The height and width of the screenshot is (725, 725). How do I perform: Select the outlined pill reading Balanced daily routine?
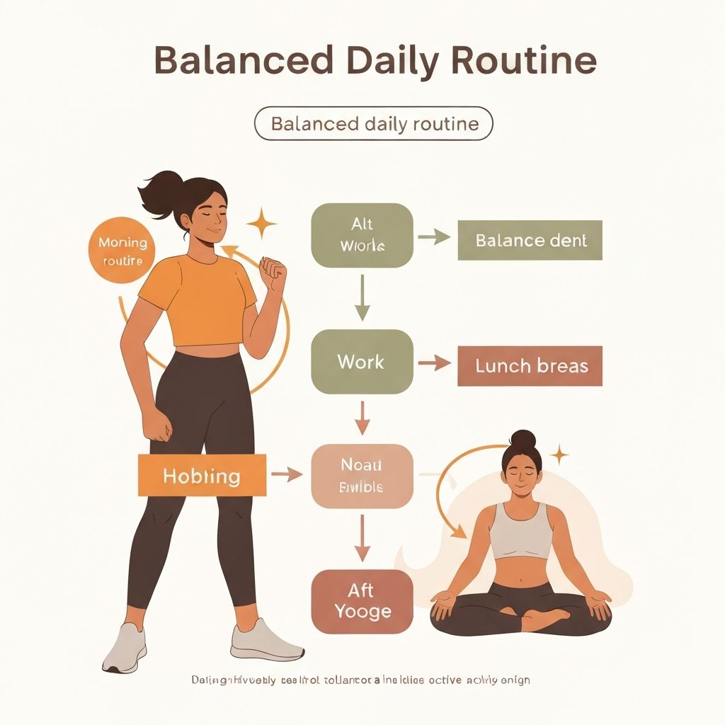(374, 124)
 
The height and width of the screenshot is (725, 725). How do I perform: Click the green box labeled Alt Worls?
(362, 235)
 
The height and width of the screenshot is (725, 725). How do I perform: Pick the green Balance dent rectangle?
(530, 240)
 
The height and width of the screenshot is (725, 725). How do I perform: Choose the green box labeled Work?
(362, 362)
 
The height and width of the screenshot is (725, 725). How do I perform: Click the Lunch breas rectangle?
(530, 366)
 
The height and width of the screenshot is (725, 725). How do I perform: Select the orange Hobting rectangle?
(202, 475)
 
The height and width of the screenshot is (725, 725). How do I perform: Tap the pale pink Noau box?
(362, 476)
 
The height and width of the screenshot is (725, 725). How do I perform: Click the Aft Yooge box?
(362, 602)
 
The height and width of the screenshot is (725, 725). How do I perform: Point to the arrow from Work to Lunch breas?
(435, 364)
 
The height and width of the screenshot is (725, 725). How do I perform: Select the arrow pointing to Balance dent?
(435, 238)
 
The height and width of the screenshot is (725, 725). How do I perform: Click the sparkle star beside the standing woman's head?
(262, 224)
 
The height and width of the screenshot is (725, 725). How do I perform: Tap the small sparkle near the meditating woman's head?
(559, 455)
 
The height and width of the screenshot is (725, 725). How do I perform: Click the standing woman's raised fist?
(273, 270)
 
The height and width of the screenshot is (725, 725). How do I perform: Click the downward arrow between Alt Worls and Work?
(362, 297)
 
